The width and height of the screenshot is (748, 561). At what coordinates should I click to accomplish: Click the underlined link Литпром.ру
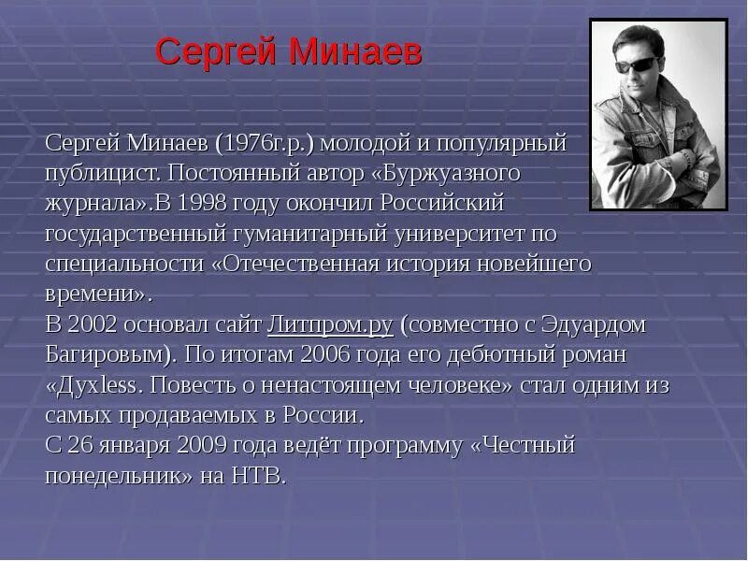point(330,324)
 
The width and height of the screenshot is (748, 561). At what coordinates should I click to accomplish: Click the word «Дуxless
point(93,384)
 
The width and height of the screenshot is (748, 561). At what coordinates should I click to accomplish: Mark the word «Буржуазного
point(439,175)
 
